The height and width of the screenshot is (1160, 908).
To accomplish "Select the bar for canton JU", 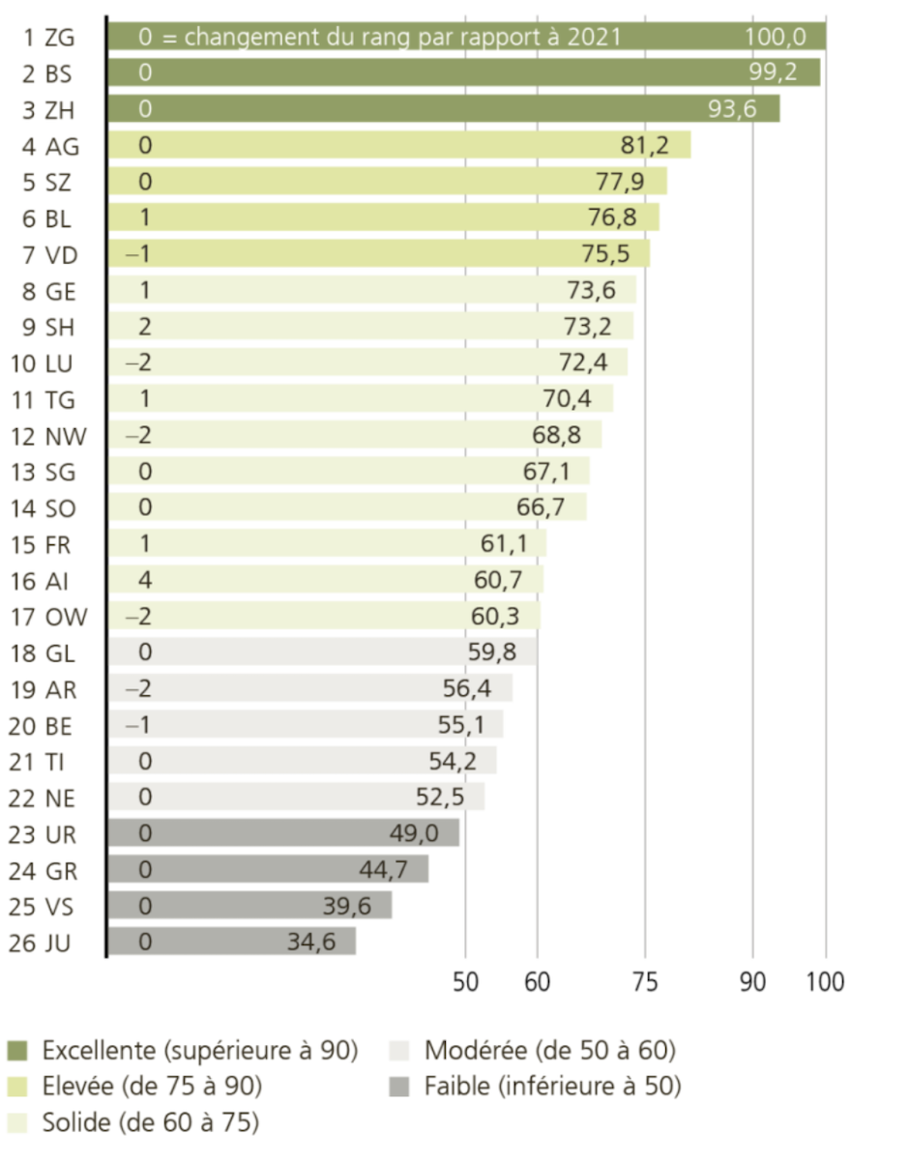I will tap(231, 941).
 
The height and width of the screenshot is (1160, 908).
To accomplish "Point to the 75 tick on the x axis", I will tap(646, 981).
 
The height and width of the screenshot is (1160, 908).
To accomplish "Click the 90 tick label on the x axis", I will tap(753, 981).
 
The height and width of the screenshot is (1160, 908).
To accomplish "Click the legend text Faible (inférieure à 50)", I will tap(552, 1087).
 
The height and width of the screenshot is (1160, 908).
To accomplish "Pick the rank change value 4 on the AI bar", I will tap(145, 580).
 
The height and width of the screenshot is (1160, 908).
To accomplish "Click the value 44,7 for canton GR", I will tap(383, 869).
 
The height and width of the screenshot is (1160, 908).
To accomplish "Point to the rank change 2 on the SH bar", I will tap(145, 327).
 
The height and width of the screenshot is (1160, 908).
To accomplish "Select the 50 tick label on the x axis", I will tap(467, 981).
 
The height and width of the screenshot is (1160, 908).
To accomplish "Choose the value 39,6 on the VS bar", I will tap(346, 905).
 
